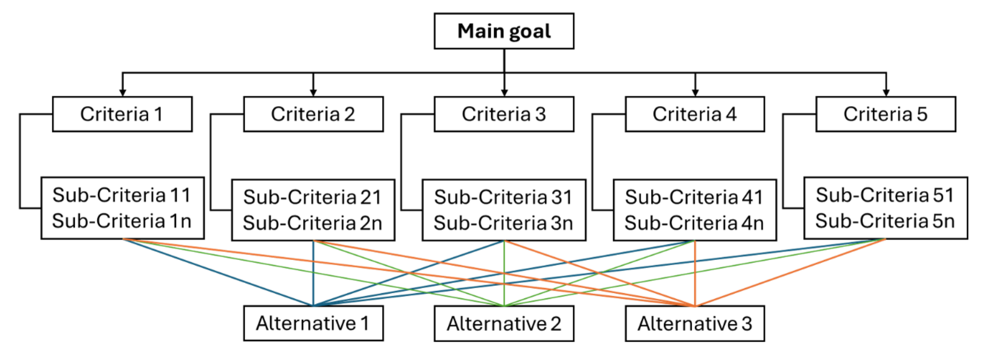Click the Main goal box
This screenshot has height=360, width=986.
pos(504,31)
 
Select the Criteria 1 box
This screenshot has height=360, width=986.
pos(122,114)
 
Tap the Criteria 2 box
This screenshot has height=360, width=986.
pos(313,114)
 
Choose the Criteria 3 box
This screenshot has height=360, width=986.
pos(504,114)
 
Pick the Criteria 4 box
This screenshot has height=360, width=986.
pos(695,114)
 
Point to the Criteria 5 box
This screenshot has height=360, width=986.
pos(885,114)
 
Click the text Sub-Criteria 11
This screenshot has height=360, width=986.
pos(122,195)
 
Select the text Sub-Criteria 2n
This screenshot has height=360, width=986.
pos(312,223)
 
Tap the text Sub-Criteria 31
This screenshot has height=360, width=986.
pos(503,197)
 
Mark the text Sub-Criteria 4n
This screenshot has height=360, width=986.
pos(694,223)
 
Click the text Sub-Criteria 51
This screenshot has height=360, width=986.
pos(885,195)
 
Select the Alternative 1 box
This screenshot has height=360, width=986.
pos(313,323)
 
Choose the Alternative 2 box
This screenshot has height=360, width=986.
pos(504,323)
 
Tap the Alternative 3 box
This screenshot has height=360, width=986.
pos(695,323)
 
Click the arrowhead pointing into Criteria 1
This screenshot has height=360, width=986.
pos(123,93)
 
